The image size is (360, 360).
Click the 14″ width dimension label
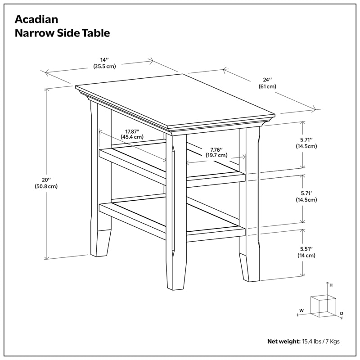pyautogui.click(x=105, y=59)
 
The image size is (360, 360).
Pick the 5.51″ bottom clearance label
pyautogui.click(x=306, y=247)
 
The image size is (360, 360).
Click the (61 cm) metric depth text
pyautogui.click(x=267, y=86)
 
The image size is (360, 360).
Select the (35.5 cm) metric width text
pyautogui.click(x=105, y=67)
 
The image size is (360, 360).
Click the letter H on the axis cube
pyautogui.click(x=331, y=285)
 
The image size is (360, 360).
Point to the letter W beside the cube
pyautogui.click(x=301, y=310)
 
